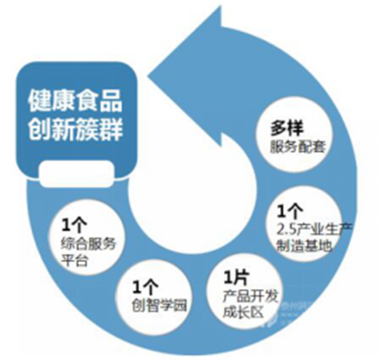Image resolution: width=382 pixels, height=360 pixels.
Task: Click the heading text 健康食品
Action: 75,100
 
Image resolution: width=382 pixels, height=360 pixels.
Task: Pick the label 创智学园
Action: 155,301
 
